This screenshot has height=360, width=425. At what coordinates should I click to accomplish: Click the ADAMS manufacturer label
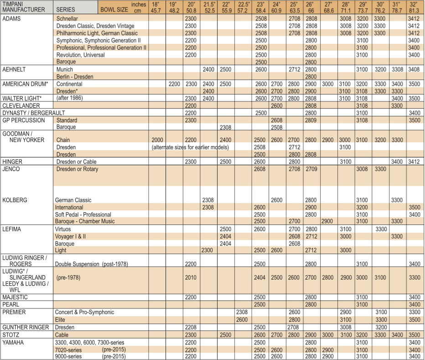pos(11,18)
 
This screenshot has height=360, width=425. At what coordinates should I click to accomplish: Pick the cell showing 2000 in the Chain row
pos(157,140)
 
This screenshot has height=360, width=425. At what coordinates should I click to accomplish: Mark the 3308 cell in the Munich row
pos(397,69)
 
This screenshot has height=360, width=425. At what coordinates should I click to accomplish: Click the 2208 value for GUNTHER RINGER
pos(191,327)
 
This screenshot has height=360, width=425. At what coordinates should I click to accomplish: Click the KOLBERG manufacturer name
pos(16,200)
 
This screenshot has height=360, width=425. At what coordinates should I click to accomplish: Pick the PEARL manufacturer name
pos(11,304)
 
